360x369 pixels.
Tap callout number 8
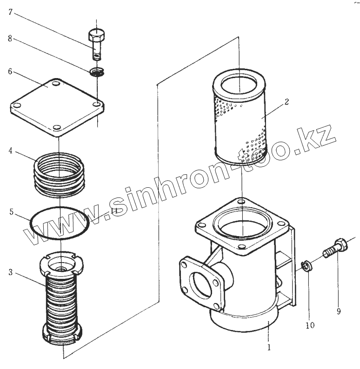(x=11, y=39)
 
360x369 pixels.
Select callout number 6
(x=10, y=72)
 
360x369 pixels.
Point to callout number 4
(x=10, y=151)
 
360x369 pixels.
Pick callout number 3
(x=10, y=272)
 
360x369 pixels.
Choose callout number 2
(x=287, y=102)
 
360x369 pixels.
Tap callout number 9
(x=339, y=311)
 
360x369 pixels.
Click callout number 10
(x=310, y=325)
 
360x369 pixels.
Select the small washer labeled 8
(x=97, y=72)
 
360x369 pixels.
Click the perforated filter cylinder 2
(x=240, y=118)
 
